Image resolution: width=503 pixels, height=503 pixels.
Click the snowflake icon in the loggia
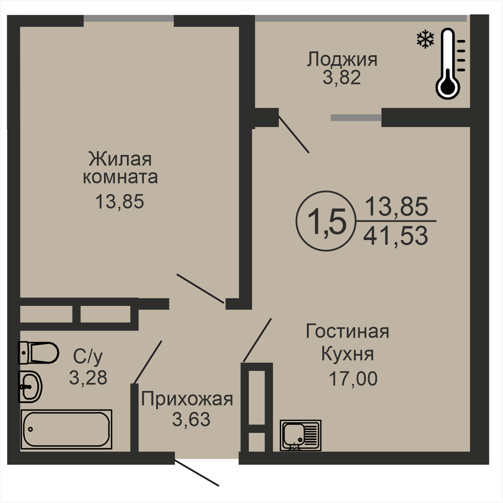pos(425,40)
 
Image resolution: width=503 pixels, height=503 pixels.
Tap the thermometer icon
pos(449,63)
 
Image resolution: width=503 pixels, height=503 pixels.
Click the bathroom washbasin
pos(30,387)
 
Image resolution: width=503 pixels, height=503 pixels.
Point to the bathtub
pos(66,429)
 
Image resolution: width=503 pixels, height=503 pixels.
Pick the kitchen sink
pos(301,435)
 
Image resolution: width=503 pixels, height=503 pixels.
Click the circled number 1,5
pos(326,221)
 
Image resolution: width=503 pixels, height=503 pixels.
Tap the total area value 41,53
pos(396,236)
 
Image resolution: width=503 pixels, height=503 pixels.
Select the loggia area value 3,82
pos(342,78)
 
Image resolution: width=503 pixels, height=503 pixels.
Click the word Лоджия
pos(342,59)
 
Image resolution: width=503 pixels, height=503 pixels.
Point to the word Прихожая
pos(187,399)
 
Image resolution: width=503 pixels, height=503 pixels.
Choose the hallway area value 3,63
pos(191,419)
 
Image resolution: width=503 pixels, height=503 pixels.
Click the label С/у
pos(88,357)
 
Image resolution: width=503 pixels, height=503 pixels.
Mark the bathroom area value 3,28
pos(88,378)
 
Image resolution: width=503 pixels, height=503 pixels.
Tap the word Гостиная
pos(347,331)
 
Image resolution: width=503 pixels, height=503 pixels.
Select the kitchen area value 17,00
pos(353,379)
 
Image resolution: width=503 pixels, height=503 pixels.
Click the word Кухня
pos(347,354)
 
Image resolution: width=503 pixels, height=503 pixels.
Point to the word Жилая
pos(120,159)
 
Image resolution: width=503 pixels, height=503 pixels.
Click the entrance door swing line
pos(197,474)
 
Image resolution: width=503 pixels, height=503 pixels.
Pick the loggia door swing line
pos(294,134)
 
